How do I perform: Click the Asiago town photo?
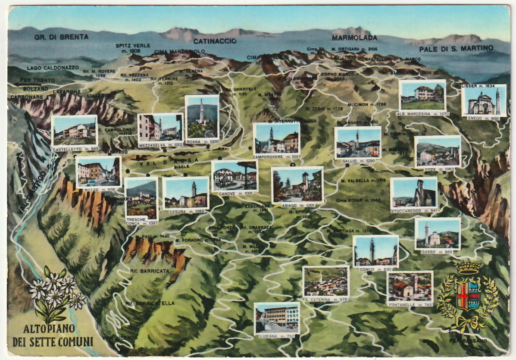click(x=297, y=185)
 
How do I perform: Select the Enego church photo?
click(x=483, y=100)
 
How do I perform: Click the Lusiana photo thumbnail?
click(x=277, y=318)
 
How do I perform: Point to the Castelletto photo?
click(x=74, y=131)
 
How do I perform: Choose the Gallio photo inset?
click(x=357, y=143)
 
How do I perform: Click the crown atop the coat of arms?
click(x=469, y=267)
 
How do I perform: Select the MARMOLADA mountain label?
click(x=354, y=38)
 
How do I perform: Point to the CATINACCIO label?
click(x=215, y=41)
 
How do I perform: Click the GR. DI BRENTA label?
click(x=61, y=37)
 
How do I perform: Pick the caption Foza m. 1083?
click(x=438, y=169)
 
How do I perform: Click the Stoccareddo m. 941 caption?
click(x=414, y=211)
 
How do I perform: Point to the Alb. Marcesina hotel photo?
click(x=422, y=95)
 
